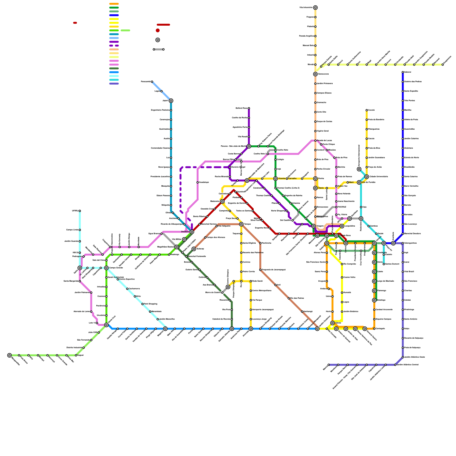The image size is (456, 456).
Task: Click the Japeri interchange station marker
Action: pos(171,101)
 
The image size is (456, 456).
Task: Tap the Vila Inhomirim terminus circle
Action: pos(315,8)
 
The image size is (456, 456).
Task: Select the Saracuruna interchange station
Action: pos(315,74)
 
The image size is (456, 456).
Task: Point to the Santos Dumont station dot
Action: pos(384,264)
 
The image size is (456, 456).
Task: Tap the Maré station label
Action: pos(351,182)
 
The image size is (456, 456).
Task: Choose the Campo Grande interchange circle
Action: pos(106,268)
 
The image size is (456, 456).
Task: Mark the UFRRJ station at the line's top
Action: pos(80,211)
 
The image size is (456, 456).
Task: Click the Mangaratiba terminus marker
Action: pos(9,355)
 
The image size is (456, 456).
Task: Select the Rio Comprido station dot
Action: pos(342,264)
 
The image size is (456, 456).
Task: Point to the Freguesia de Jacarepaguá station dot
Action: pos(260,270)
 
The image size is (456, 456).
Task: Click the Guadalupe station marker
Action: pos(198,182)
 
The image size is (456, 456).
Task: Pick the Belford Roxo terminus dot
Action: pos(249,108)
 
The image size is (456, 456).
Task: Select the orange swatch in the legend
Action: pos(114,4)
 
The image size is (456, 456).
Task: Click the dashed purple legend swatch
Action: pos(114,46)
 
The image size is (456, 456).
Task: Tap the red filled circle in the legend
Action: pos(158,30)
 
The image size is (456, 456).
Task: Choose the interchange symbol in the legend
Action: pos(158,40)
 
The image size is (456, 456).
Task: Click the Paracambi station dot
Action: pos(152,82)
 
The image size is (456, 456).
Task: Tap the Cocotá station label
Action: pos(371,110)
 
